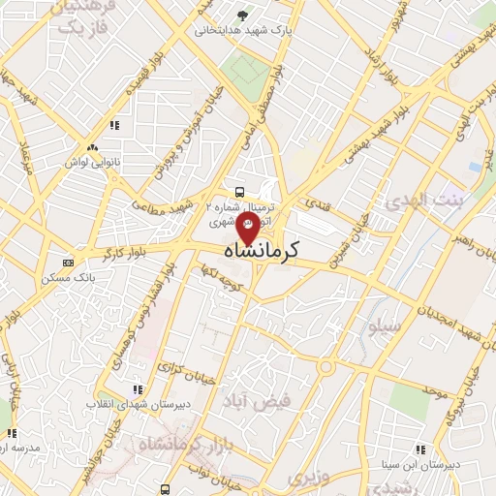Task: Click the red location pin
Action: point(248,232)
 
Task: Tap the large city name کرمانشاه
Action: point(248,251)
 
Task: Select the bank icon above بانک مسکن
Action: point(67,263)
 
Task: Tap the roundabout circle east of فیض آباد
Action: point(326,367)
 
